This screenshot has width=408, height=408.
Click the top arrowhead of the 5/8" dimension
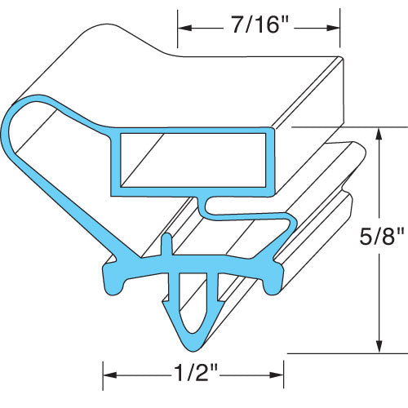click(x=377, y=132)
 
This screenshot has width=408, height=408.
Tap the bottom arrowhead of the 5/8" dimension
click(x=377, y=348)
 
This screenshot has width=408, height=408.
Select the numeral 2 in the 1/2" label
click(x=201, y=375)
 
